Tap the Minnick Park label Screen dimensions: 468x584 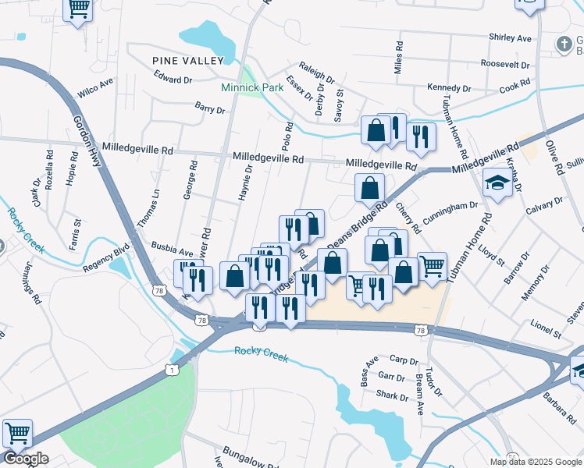pos(252,87)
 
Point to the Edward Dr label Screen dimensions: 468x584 pos(173,80)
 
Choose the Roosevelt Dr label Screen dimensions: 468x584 pos(505,63)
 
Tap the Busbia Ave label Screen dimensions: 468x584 pos(171,253)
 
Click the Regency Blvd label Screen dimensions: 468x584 pos(105,261)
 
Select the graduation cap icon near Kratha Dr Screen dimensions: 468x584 pos(495,184)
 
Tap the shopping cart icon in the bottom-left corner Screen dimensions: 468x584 pos(17,431)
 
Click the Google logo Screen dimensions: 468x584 pos(25,459)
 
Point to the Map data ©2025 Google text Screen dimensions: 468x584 pos(535,462)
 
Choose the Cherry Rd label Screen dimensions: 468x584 pos(408,218)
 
